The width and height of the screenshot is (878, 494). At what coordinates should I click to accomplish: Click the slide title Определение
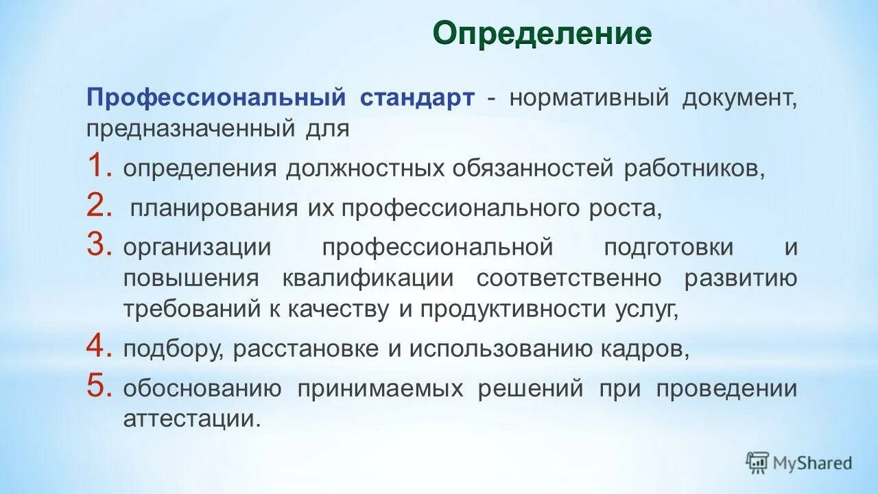(x=542, y=33)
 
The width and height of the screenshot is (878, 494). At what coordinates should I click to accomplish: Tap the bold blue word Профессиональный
(x=215, y=97)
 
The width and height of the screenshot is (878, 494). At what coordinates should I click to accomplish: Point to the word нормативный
(x=589, y=97)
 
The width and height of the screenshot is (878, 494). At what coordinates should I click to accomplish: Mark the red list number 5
(x=99, y=388)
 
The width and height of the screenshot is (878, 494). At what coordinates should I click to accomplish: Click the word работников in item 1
(x=693, y=169)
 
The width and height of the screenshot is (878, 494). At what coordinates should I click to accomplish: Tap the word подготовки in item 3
(x=668, y=248)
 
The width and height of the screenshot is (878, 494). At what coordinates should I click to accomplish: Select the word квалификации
(x=368, y=279)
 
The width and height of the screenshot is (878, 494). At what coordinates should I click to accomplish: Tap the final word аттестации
(x=192, y=419)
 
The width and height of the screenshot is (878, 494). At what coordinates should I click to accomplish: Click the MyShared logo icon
(x=757, y=462)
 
